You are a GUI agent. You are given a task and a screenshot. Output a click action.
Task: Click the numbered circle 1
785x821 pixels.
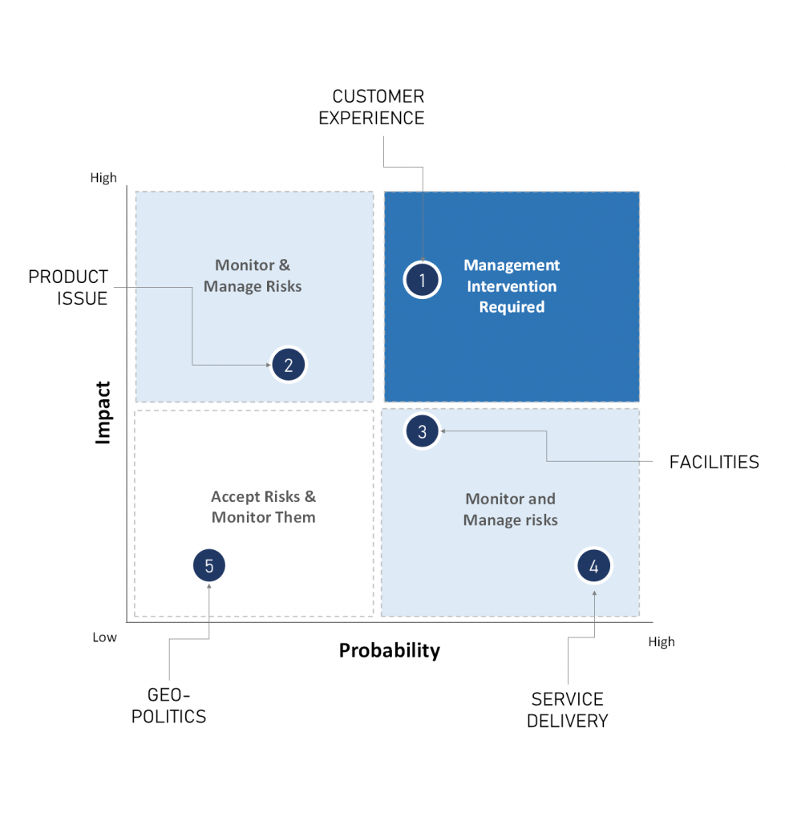[x=422, y=280]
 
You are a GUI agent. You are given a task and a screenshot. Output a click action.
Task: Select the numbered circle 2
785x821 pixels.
[x=289, y=365]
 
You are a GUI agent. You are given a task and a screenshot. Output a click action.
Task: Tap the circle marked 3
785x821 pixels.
[x=423, y=431]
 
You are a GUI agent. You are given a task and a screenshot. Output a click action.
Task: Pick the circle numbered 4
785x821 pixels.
[x=593, y=566]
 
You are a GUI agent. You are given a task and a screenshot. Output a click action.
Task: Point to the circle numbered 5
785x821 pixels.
[x=209, y=565]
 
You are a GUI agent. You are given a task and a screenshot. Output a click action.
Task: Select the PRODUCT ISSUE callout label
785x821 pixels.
[x=68, y=287]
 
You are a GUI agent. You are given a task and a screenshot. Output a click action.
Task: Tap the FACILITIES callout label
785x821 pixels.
[x=714, y=462]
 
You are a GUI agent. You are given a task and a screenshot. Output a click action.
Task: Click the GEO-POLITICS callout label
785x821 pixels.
[x=168, y=706]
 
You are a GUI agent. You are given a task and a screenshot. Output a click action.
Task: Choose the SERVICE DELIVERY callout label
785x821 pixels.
[x=568, y=710]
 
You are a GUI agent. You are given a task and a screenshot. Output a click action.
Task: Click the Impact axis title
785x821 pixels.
[x=103, y=413]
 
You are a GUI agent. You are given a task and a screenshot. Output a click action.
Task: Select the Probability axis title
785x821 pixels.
[x=389, y=650]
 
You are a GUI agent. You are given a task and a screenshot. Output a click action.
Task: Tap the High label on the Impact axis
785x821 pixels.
[x=103, y=178]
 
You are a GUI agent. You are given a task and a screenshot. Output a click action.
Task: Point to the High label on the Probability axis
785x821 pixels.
[x=662, y=641]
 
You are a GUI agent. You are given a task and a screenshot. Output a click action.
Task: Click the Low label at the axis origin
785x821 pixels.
[x=104, y=637]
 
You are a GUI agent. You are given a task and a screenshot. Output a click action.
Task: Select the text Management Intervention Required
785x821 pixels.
[x=512, y=286]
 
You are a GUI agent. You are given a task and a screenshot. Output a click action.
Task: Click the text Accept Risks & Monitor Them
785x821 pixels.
[x=263, y=507]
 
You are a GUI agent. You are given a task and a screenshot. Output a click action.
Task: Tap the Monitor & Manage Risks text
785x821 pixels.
[x=253, y=275]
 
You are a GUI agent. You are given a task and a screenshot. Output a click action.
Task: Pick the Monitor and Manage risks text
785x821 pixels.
[x=510, y=509]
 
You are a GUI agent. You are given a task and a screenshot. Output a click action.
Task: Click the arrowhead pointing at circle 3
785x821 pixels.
[x=442, y=431]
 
